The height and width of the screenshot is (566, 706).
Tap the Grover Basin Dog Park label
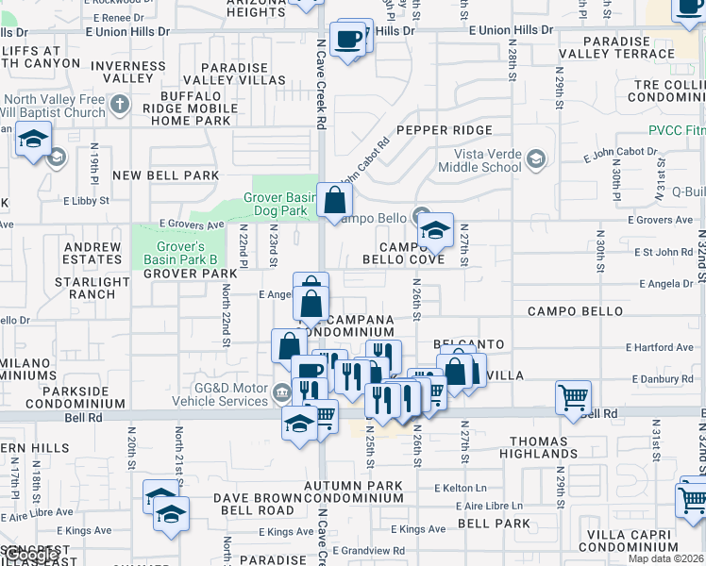click(x=276, y=205)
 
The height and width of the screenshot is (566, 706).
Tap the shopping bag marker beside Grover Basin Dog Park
click(x=335, y=200)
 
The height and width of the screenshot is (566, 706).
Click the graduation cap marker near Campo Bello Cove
click(x=435, y=230)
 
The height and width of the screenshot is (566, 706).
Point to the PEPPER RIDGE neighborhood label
click(x=445, y=130)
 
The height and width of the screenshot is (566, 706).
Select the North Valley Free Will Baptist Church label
click(x=53, y=107)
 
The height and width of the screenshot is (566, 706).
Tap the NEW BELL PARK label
click(x=165, y=175)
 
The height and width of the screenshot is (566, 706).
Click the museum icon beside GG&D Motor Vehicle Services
click(x=280, y=392)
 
